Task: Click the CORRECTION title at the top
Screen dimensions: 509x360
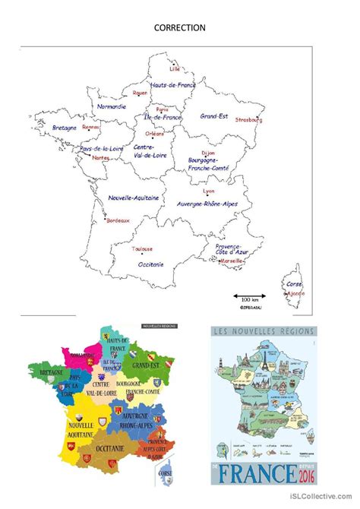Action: [x=180, y=28]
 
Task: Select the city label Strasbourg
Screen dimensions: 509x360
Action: [x=248, y=119]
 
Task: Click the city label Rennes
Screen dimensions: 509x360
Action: [x=91, y=127]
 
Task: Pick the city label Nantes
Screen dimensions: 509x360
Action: [x=99, y=157]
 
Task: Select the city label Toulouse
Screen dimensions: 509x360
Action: [x=142, y=248]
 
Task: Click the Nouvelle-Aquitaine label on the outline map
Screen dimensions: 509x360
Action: [x=134, y=197]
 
